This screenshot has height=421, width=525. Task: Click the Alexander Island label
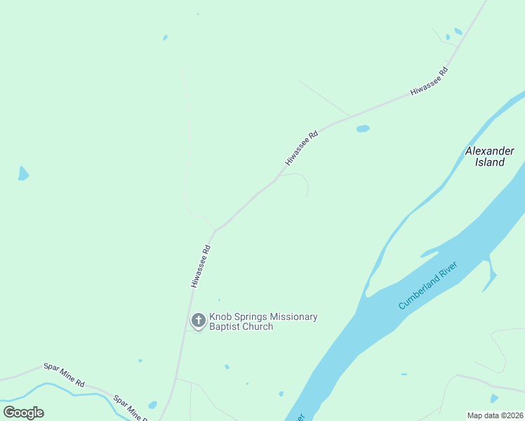[x=489, y=156]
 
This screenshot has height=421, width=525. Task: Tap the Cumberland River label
[x=428, y=285]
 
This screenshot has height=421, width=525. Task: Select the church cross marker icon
[x=199, y=321]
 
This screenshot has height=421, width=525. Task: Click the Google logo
[x=23, y=413]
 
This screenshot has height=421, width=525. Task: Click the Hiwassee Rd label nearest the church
[x=201, y=265]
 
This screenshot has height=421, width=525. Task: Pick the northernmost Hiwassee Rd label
[x=430, y=81]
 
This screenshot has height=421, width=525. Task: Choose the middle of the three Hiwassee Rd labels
[x=302, y=147]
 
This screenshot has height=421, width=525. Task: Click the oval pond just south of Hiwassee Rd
[x=363, y=129]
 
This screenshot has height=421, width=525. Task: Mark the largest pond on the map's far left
[x=23, y=173]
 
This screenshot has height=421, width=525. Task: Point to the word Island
[x=489, y=162]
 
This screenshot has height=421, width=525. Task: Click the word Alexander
[x=489, y=151]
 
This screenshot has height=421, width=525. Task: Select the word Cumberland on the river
[x=418, y=292]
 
